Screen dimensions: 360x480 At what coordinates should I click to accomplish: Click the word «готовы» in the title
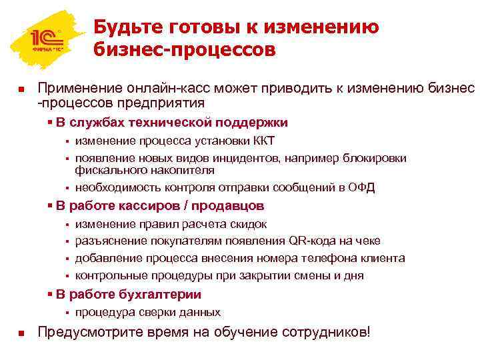(x=193, y=28)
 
